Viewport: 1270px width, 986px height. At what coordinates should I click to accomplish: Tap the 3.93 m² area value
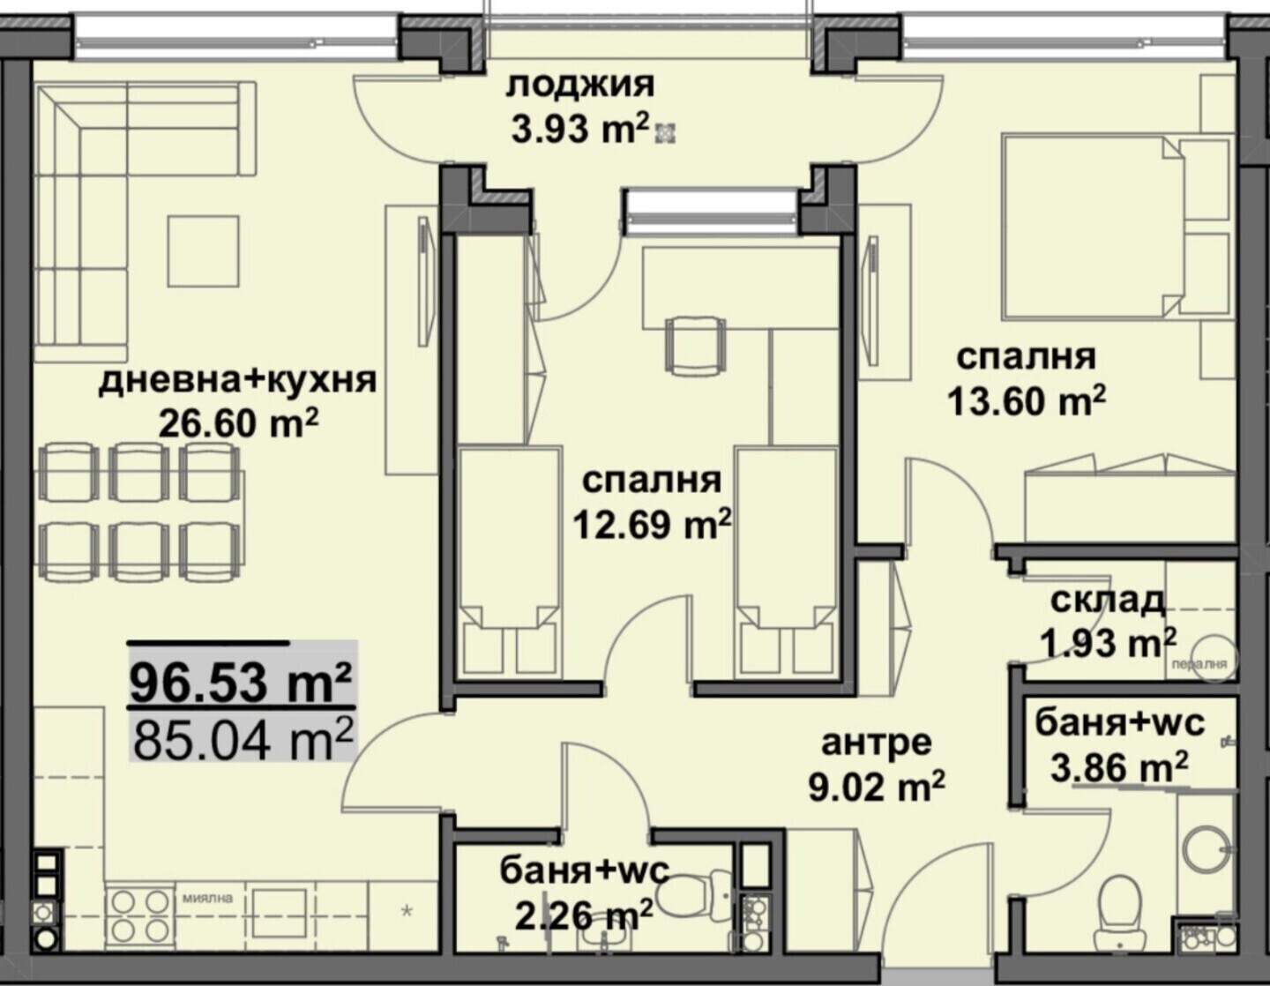click(580, 130)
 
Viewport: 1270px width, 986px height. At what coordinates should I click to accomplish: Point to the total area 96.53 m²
click(241, 682)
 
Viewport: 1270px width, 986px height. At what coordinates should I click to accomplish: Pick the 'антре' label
click(877, 743)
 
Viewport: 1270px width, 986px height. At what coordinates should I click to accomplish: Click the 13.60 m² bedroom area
click(1027, 402)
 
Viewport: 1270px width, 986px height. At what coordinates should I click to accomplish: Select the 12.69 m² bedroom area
click(653, 524)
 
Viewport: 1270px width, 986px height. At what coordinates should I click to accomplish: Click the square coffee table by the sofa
click(204, 251)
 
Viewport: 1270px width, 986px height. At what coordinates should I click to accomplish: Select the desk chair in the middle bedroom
click(695, 345)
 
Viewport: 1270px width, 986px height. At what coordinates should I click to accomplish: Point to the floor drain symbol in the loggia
click(666, 133)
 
